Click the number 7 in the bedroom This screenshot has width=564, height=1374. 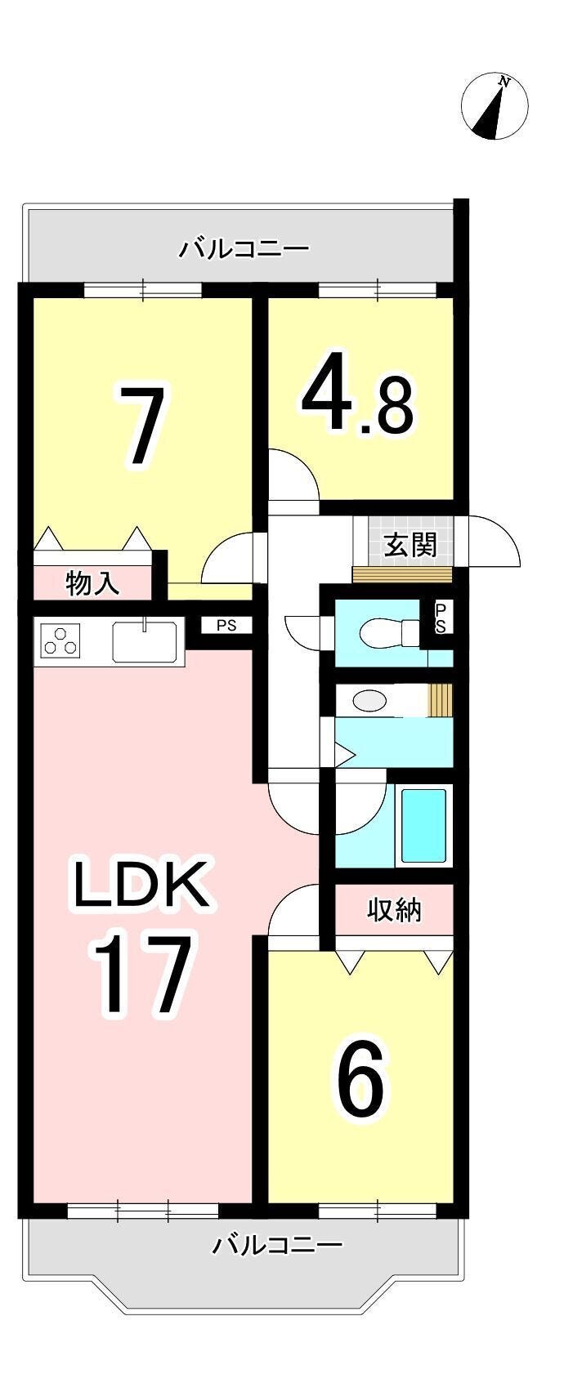144,425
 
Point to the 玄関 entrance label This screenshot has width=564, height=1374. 410,545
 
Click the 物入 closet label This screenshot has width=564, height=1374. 92,583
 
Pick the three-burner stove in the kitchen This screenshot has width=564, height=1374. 60,641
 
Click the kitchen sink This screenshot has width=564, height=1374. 144,641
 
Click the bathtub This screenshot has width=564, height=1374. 423,825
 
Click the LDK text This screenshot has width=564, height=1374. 141,884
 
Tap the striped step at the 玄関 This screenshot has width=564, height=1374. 402,575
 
